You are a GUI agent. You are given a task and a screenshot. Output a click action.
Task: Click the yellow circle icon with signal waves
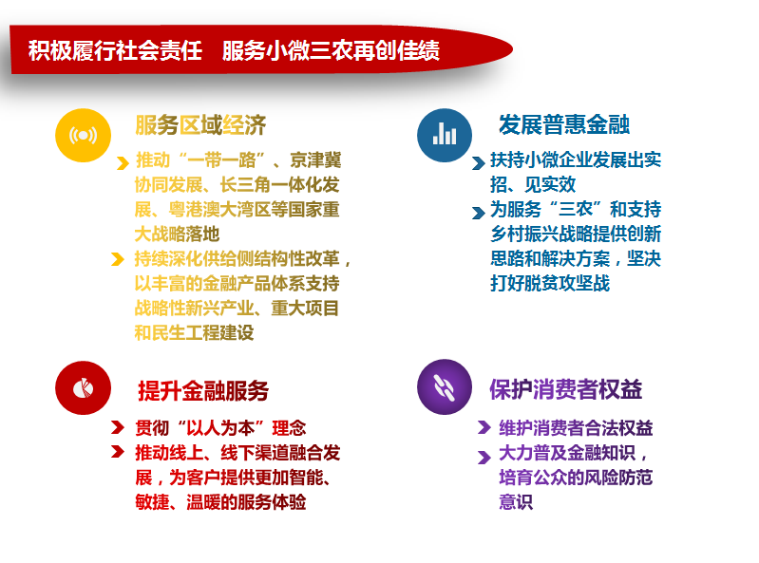click(83, 135)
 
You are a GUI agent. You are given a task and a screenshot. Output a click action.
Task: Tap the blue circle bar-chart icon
click(445, 135)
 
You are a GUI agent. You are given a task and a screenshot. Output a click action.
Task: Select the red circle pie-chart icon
click(83, 388)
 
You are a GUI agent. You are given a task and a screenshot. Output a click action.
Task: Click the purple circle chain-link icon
click(445, 387)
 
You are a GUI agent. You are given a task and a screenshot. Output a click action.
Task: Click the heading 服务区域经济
click(200, 125)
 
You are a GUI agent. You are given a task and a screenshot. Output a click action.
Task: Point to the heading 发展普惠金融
click(564, 124)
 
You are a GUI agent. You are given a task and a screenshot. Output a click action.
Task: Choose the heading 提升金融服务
click(203, 390)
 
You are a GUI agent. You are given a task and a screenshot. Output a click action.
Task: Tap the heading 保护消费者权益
click(565, 389)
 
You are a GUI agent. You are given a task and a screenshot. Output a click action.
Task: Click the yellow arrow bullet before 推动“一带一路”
click(123, 163)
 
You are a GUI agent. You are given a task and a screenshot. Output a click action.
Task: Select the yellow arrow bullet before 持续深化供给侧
click(117, 259)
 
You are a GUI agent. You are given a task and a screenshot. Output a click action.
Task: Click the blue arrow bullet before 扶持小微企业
click(478, 163)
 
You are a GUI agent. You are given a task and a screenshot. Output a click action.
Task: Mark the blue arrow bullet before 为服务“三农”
click(478, 213)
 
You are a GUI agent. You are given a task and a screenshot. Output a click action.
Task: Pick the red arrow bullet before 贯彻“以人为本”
click(117, 427)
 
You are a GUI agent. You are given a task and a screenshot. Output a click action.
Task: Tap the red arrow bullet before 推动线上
click(117, 451)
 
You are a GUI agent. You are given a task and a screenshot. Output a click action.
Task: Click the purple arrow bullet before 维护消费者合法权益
click(484, 427)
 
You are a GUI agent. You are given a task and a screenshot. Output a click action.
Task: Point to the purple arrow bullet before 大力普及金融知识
click(484, 457)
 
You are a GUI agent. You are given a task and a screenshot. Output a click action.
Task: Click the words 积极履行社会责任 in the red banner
click(115, 50)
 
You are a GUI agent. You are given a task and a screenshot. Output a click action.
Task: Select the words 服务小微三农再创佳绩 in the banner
click(332, 50)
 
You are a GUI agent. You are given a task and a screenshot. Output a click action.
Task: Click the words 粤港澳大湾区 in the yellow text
click(219, 210)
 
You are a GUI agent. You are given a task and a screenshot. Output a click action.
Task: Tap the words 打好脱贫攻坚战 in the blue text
click(550, 283)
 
